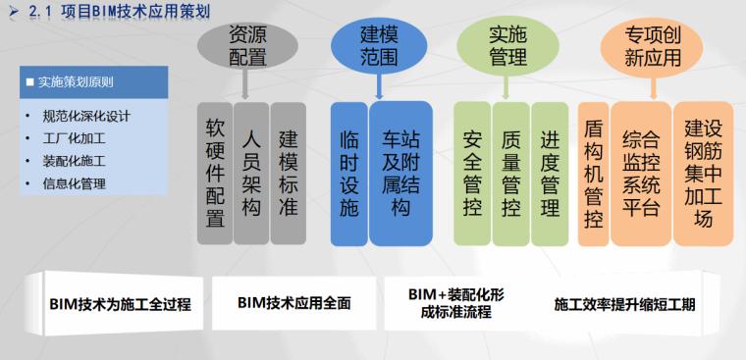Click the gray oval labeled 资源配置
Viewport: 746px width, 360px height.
(247, 45)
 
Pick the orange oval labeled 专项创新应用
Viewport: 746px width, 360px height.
(652, 45)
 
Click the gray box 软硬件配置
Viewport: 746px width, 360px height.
(215, 173)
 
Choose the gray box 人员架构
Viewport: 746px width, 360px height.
(251, 173)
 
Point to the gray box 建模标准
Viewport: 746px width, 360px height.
(288, 173)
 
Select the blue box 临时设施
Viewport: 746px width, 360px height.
(348, 173)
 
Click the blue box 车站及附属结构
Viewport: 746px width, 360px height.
(400, 173)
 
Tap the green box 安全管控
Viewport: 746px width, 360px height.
(471, 173)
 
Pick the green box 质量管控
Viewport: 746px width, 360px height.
(510, 173)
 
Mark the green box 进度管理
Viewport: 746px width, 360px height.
(550, 173)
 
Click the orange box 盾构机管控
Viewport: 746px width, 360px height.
(593, 173)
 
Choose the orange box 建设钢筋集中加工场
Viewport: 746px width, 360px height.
(703, 173)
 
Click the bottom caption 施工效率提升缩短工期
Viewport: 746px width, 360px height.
(624, 304)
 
